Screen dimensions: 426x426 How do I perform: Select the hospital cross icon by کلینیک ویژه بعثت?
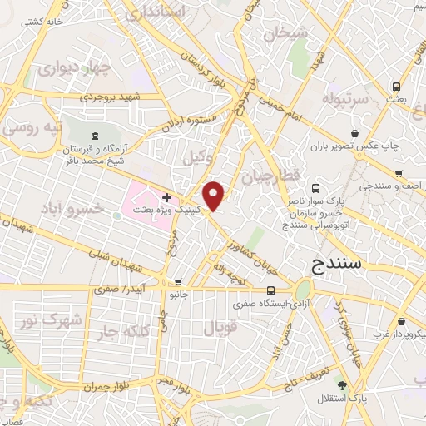pyautogui.click(x=166, y=197)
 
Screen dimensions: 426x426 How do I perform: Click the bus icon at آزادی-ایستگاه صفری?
pyautogui.click(x=271, y=290)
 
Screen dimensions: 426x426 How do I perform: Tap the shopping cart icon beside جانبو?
pyautogui.click(x=179, y=283)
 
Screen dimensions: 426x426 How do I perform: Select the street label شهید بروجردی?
pyautogui.click(x=115, y=97)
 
